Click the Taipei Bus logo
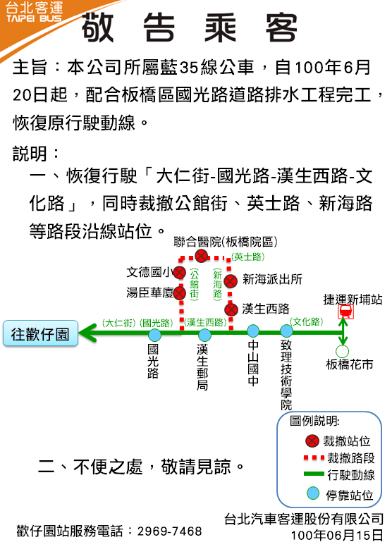[34, 13]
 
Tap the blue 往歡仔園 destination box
[40, 333]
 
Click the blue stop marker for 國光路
[154, 335]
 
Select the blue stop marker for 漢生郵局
[204, 335]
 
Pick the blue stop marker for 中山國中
[252, 331]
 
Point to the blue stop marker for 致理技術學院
[286, 331]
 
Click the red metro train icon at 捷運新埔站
[345, 312]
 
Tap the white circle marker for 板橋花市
[342, 352]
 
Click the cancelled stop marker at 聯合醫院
[202, 255]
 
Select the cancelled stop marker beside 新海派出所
[231, 281]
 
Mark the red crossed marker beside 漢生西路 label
[231, 309]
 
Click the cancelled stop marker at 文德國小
[180, 272]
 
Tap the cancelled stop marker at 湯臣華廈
[180, 293]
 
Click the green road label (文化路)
[306, 322]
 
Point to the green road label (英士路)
[247, 257]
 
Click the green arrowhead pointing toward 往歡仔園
[87, 333]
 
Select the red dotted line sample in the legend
[314, 458]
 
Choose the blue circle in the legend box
[313, 493]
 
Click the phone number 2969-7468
[170, 531]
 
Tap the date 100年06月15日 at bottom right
[337, 536]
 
